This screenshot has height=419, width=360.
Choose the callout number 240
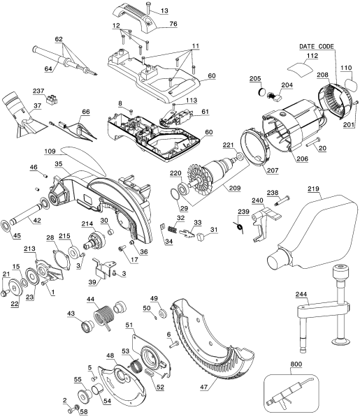[258, 200]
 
